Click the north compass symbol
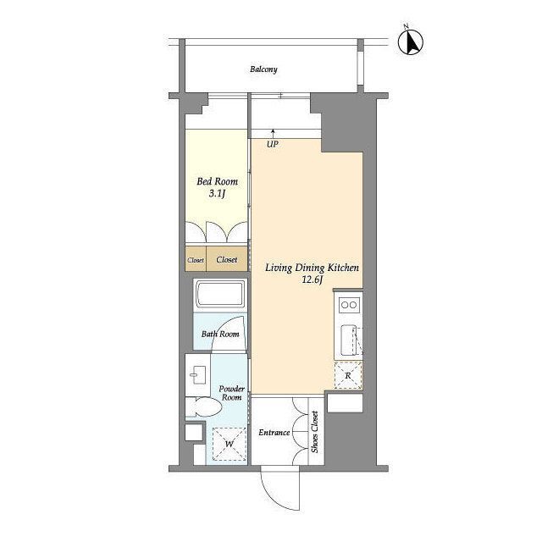(x=410, y=41)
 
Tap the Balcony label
(x=263, y=69)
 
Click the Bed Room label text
(x=217, y=181)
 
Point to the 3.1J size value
(x=217, y=194)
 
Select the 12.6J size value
(x=312, y=279)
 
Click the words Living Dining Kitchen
(x=312, y=268)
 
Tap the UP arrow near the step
(x=273, y=134)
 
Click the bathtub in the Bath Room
(x=220, y=294)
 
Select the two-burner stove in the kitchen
(x=348, y=305)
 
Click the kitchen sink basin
(x=348, y=340)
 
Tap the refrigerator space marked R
(x=348, y=375)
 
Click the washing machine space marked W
(x=230, y=444)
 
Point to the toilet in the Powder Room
(x=204, y=406)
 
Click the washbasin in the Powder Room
(x=197, y=375)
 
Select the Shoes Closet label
(x=314, y=432)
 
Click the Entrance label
(x=274, y=433)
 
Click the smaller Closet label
(x=196, y=260)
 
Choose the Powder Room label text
(x=231, y=393)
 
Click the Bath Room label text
(x=220, y=334)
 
